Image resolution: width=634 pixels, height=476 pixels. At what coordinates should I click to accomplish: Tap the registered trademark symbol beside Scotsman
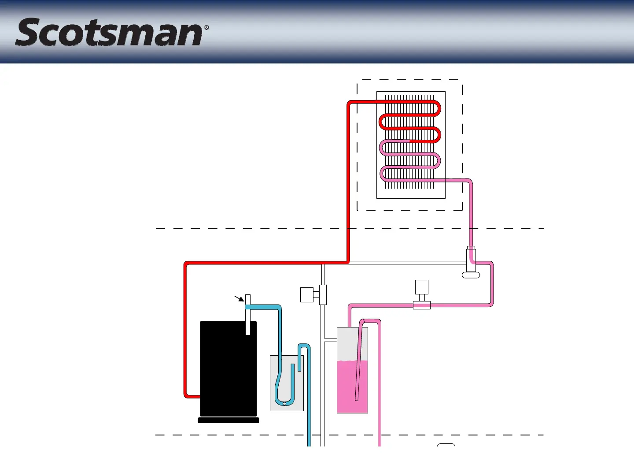[206, 27]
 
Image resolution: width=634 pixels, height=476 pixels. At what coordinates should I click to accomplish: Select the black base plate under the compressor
[228, 420]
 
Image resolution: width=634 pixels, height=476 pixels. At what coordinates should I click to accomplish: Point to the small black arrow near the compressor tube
[240, 299]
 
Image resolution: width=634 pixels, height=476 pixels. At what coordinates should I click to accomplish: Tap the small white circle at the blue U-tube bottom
[284, 403]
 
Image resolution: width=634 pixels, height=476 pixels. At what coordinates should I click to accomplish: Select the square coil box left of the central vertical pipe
[306, 294]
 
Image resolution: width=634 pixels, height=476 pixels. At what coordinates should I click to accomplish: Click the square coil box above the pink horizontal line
[421, 287]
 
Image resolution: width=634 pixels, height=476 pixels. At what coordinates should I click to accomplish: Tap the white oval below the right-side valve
[471, 275]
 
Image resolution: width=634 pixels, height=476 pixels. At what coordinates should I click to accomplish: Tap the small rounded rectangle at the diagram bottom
[446, 445]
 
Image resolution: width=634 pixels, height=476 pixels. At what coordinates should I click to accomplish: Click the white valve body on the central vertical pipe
[323, 294]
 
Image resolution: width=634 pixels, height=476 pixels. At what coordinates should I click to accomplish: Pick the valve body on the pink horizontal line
[421, 305]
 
